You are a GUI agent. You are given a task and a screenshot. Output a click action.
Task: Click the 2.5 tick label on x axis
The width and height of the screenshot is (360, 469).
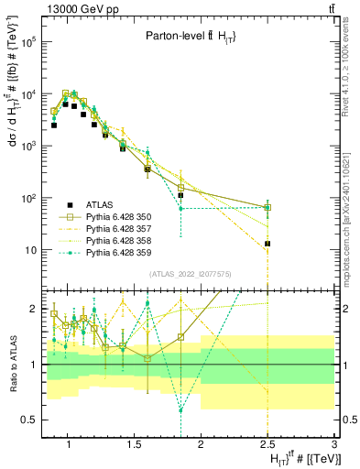click(267, 445)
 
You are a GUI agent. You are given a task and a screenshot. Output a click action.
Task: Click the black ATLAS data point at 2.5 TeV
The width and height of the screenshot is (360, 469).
click(267, 244)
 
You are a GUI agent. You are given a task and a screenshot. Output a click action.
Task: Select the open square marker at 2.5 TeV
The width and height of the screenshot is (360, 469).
click(267, 208)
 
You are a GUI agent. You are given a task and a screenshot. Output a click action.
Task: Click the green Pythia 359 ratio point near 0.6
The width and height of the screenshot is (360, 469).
click(181, 409)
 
